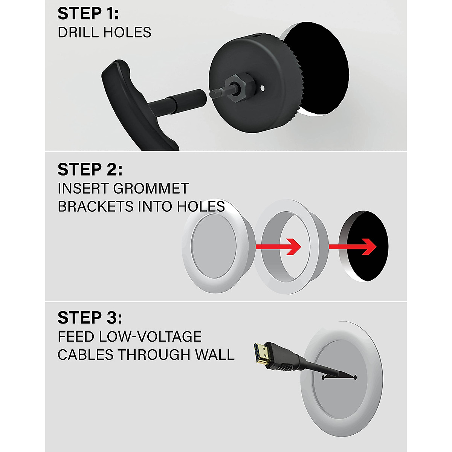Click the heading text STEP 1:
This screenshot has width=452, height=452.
tap(88, 14)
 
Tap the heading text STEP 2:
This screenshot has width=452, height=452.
tap(90, 169)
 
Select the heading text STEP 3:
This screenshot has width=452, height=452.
tap(90, 318)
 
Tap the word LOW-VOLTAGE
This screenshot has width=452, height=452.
tap(150, 336)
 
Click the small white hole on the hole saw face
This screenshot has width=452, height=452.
tap(263, 88)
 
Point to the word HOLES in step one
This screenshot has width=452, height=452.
tap(128, 32)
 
